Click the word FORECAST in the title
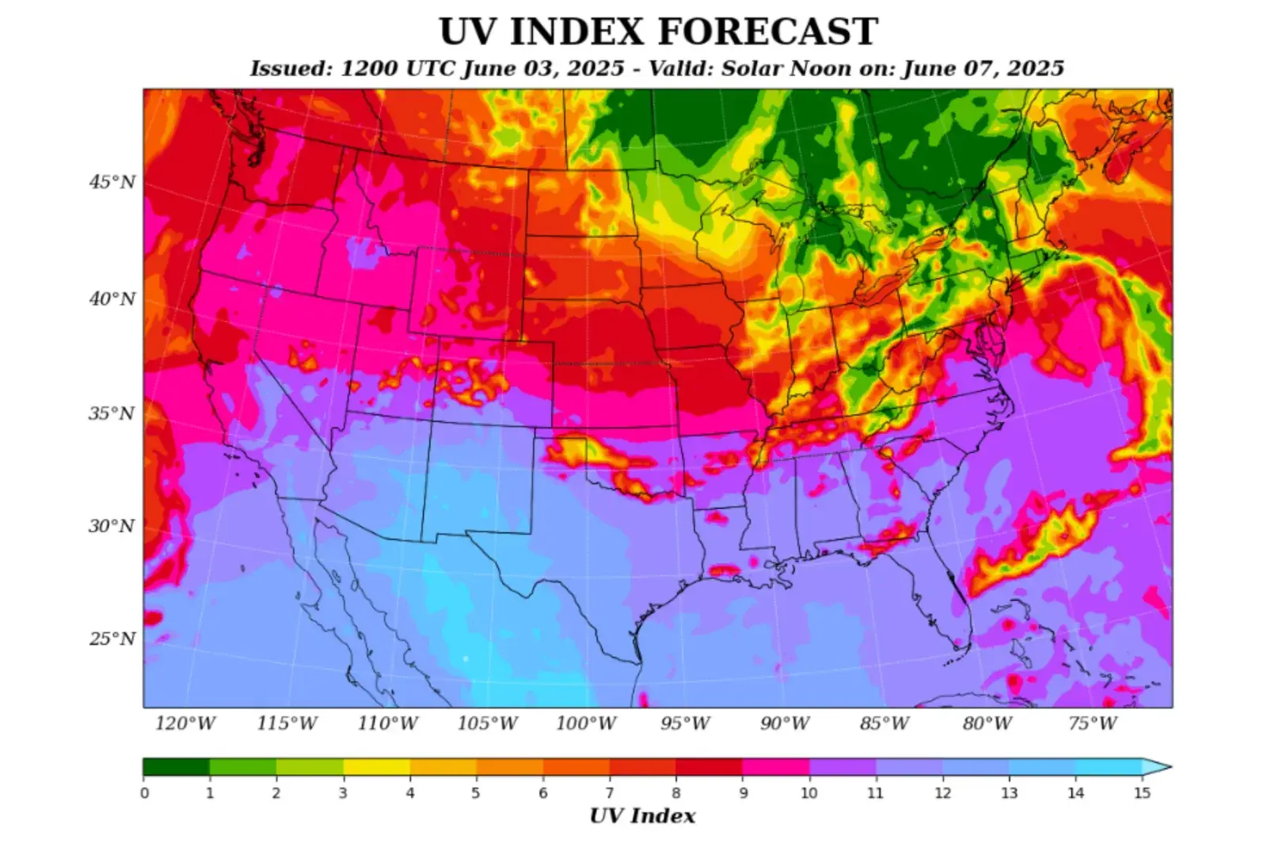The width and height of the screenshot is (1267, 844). [768, 32]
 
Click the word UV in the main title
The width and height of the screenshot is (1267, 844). [466, 32]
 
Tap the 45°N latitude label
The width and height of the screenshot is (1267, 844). [112, 182]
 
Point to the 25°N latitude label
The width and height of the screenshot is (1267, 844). [112, 639]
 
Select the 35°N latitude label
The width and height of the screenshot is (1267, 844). [112, 413]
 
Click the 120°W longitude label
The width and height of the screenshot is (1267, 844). [185, 724]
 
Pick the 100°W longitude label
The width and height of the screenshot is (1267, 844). [585, 724]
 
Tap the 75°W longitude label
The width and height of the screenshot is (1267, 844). [1092, 724]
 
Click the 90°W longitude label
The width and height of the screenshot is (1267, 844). [785, 724]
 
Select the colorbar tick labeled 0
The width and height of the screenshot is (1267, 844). [144, 793]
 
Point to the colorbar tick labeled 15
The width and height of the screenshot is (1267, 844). [1142, 793]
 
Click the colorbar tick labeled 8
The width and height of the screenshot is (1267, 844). [676, 793]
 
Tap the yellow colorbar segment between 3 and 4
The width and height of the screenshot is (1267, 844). [377, 766]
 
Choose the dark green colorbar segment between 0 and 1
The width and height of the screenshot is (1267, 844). [177, 766]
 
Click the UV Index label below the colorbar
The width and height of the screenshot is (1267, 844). [642, 816]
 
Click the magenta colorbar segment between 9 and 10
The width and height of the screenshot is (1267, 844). [776, 766]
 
